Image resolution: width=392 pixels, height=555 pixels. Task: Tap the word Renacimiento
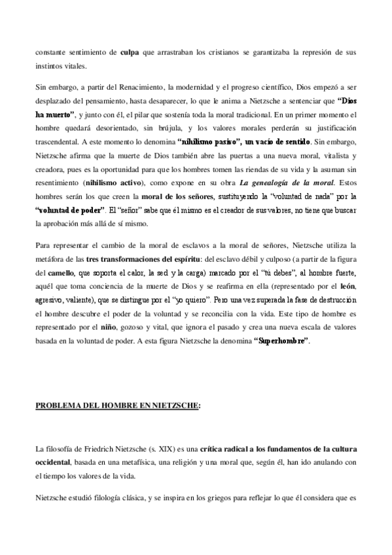pyautogui.click(x=138, y=86)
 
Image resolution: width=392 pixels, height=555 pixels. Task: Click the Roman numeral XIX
pyautogui.click(x=181, y=450)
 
